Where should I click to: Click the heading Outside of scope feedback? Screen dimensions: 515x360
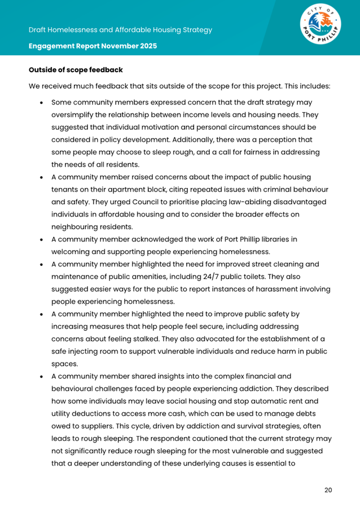click(x=76, y=71)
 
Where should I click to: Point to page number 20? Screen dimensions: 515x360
click(x=328, y=490)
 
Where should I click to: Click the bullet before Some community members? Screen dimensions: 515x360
click(x=43, y=103)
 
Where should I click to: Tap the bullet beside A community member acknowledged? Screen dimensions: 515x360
click(x=43, y=239)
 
